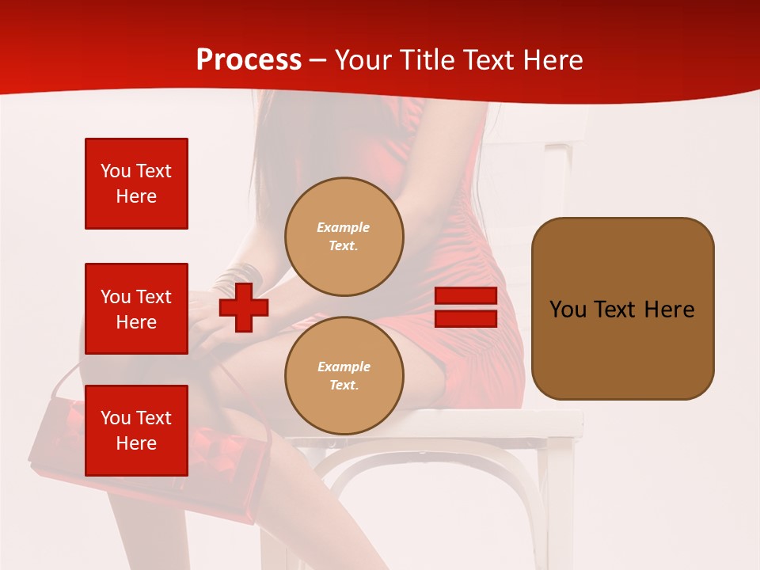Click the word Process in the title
249,60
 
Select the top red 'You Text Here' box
136,184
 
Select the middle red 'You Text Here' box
136,309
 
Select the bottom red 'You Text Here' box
136,431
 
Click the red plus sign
244,307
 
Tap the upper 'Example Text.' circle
344,237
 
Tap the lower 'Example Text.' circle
344,376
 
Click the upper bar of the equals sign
465,296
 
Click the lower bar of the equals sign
465,319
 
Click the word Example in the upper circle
344,227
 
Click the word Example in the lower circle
344,367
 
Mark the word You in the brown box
568,310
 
